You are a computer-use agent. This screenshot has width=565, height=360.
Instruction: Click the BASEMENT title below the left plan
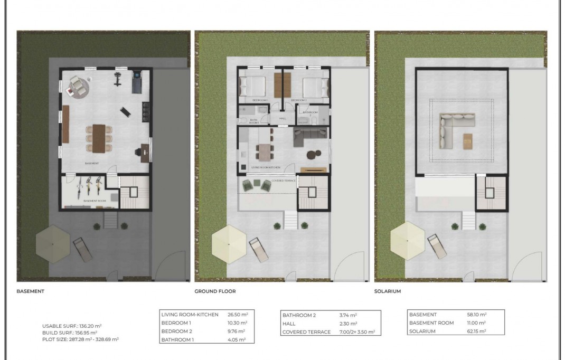click(30, 291)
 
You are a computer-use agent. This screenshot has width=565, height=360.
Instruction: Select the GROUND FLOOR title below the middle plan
click(215, 291)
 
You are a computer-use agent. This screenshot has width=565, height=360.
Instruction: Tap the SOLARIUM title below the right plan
click(388, 291)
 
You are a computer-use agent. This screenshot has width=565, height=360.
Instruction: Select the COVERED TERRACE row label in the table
click(306, 331)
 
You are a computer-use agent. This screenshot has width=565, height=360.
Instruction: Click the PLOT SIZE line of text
click(80, 339)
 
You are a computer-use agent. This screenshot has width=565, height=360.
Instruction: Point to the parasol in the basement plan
click(52, 243)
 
